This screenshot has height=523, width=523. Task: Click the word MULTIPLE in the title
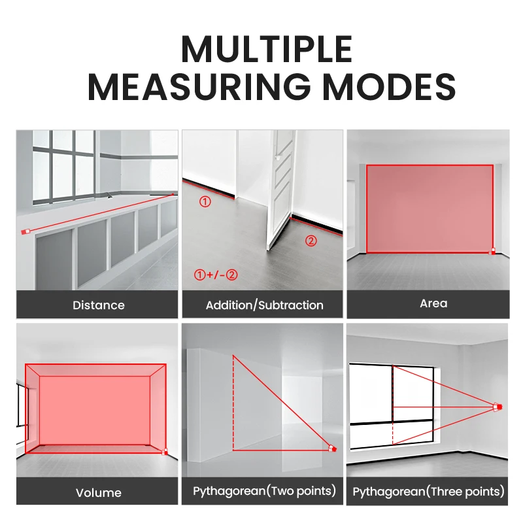[x=267, y=50]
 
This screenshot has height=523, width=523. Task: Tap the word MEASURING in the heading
[x=199, y=87]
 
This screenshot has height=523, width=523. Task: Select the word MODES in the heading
[x=389, y=87]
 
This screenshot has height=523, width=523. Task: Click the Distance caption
[x=99, y=305]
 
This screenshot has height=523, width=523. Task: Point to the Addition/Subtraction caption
[x=265, y=305]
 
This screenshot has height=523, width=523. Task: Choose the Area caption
[x=433, y=303]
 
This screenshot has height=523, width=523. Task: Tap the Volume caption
[x=99, y=493]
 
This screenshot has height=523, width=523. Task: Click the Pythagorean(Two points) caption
[x=264, y=491]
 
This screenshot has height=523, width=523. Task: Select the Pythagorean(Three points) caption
[x=428, y=492]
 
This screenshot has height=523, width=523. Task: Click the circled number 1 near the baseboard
[x=205, y=201]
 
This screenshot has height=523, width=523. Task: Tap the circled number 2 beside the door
[x=311, y=241]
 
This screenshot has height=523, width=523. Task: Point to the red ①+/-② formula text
[x=216, y=275]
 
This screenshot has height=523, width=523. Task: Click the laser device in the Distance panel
[x=25, y=231]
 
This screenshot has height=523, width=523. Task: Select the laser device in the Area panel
[x=492, y=252]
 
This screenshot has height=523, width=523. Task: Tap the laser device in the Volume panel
[x=165, y=452]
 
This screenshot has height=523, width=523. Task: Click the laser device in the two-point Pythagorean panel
[x=332, y=448]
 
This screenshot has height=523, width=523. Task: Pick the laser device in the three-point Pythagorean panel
[x=498, y=407]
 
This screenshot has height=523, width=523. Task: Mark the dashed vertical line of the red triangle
[x=233, y=403]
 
